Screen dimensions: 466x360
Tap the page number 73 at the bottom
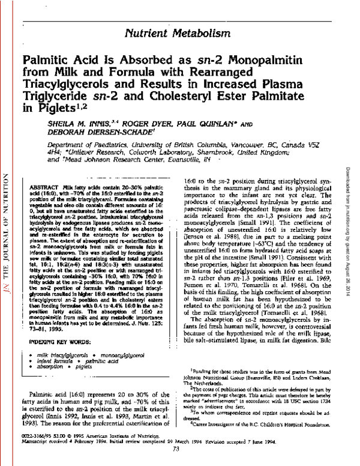tap(176, 448)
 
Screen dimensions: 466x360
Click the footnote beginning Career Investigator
tap(259, 423)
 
